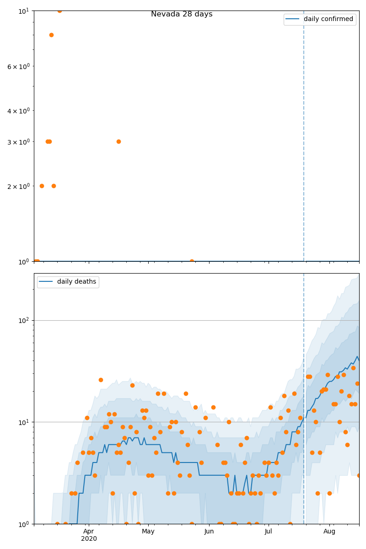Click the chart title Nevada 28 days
click(x=182, y=14)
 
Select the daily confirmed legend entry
click(x=328, y=19)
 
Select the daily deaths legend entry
click(x=76, y=282)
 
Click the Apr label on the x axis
click(x=89, y=531)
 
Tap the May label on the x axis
click(x=148, y=531)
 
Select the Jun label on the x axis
click(x=209, y=531)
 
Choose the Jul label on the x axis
click(x=269, y=531)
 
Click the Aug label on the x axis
click(x=329, y=531)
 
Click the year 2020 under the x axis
click(x=89, y=538)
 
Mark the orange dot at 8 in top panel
click(x=51, y=35)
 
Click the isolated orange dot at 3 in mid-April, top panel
click(x=118, y=141)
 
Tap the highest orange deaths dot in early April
click(x=101, y=380)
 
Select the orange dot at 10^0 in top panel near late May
click(x=192, y=261)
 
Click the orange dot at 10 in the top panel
click(x=59, y=11)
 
